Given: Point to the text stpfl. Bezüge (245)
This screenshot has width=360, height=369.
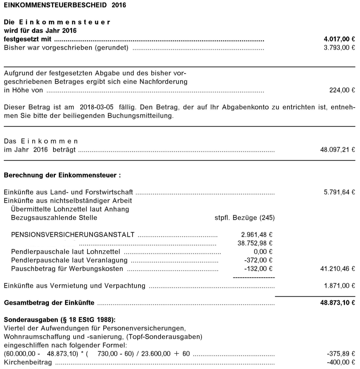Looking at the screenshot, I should (245, 218).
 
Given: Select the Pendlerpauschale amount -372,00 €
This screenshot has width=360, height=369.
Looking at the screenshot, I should (258, 260).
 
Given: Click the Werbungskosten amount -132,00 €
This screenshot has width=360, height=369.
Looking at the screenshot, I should (258, 269).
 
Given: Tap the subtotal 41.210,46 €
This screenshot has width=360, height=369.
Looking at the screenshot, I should (337, 269).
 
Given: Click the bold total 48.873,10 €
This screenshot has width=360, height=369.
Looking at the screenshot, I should (337, 303).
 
